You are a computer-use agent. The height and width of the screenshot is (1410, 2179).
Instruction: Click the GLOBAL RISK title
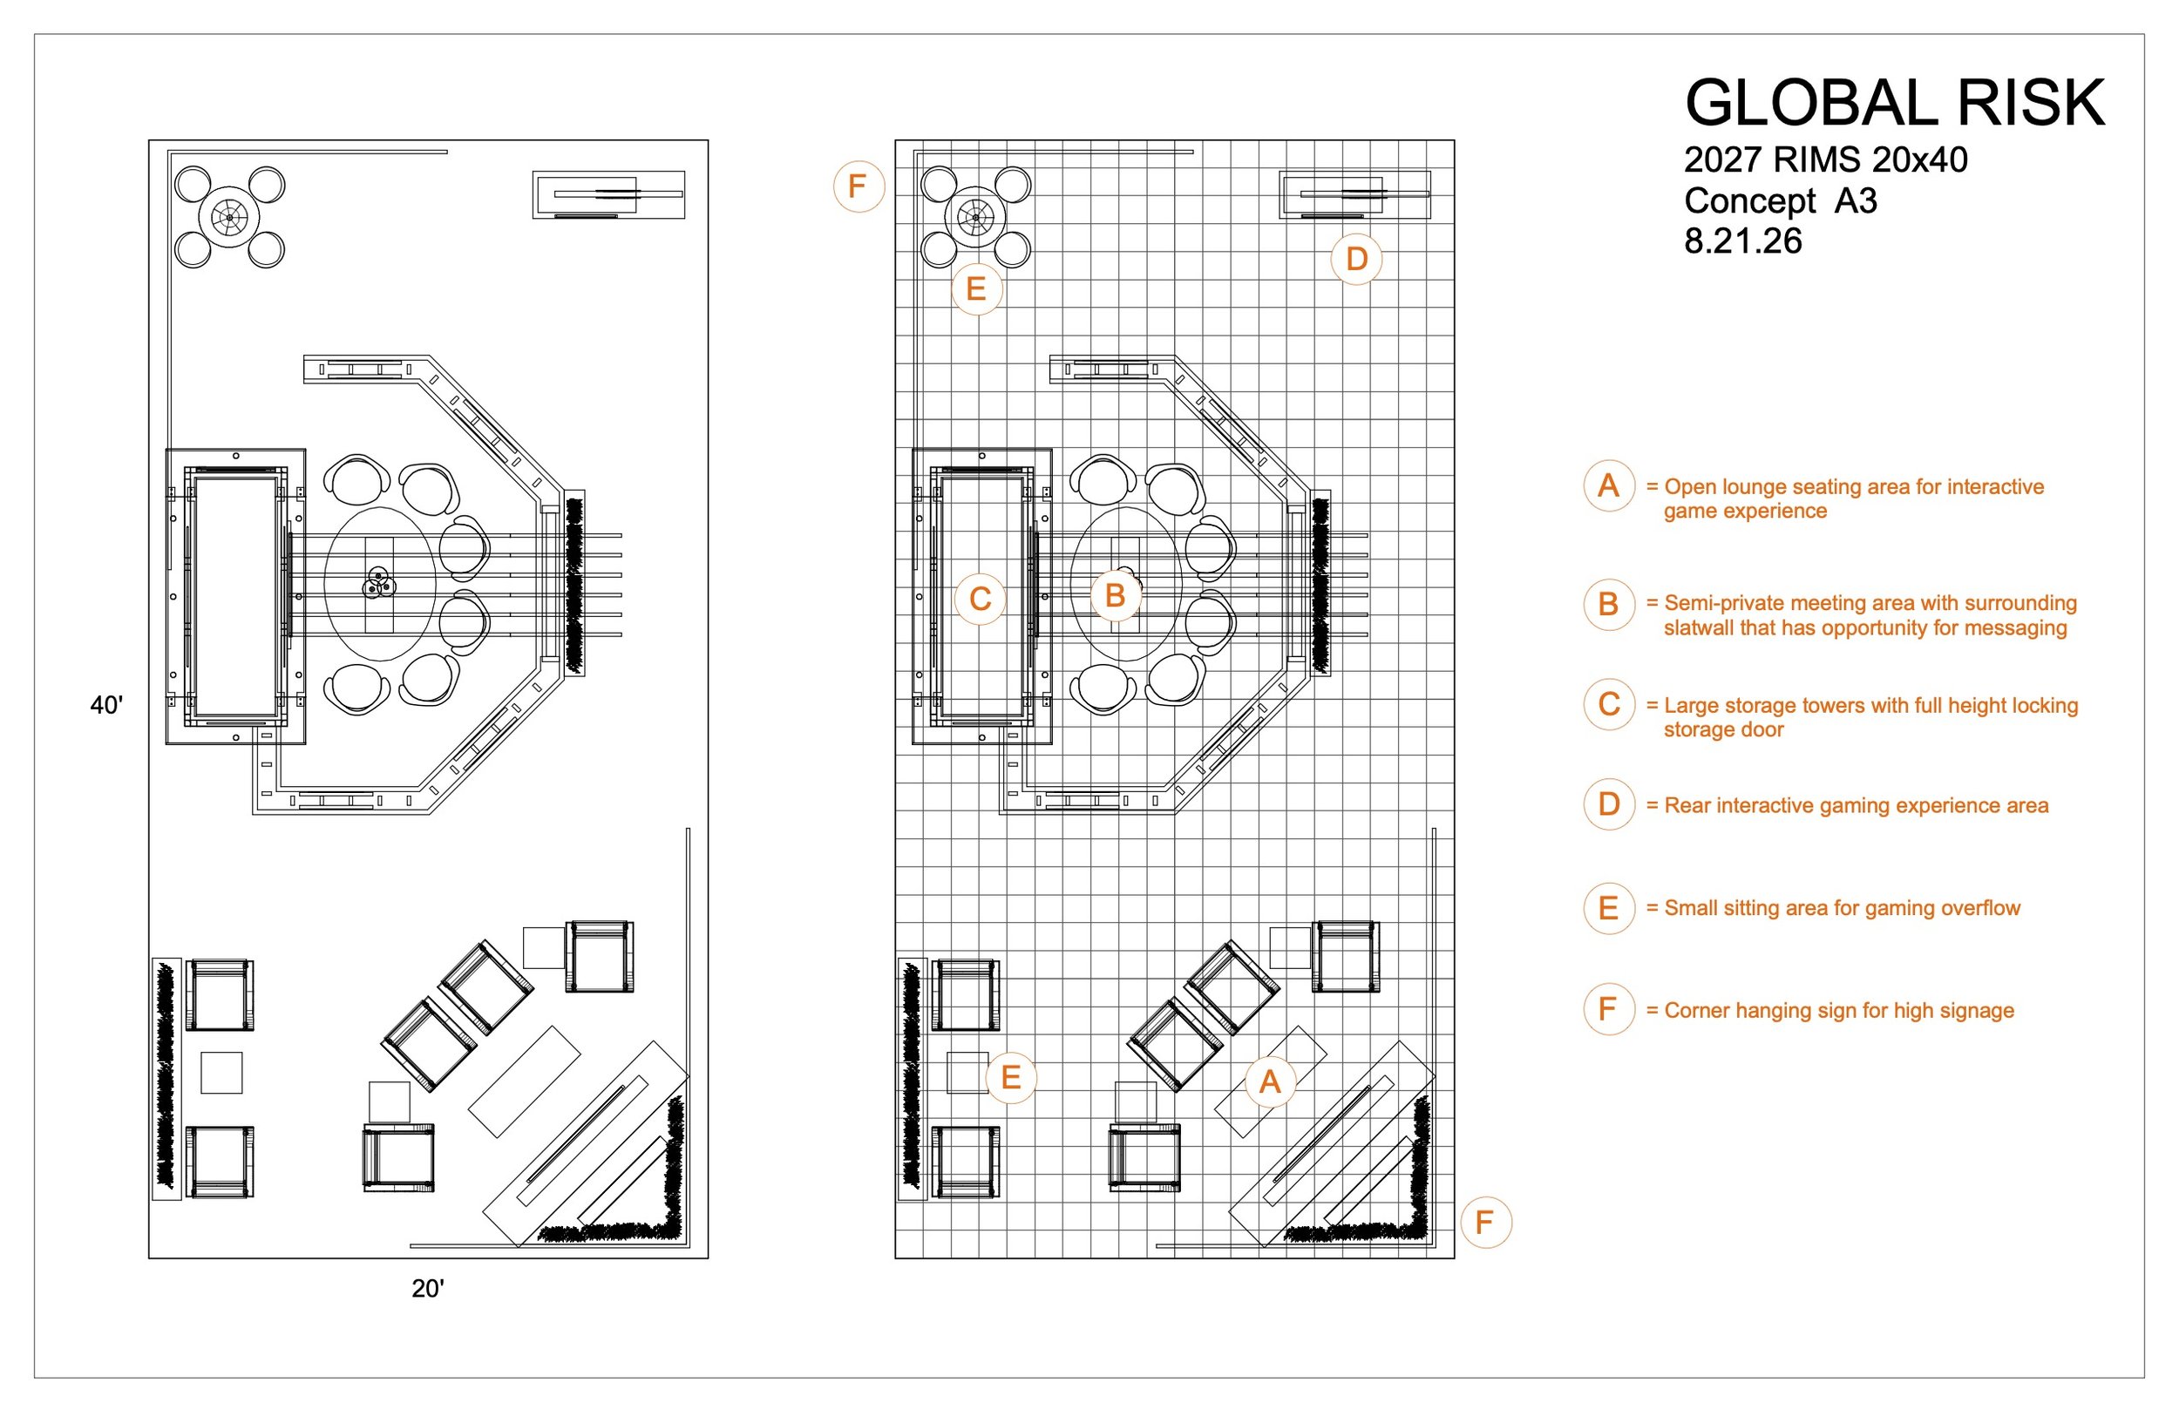click(x=1894, y=103)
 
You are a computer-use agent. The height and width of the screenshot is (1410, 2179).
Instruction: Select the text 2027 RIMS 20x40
click(x=1826, y=160)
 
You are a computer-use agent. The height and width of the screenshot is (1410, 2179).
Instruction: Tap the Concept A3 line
click(x=1781, y=200)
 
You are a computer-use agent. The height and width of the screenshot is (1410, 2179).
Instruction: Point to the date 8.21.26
click(x=1743, y=241)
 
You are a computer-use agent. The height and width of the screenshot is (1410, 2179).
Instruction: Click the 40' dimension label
click(x=106, y=705)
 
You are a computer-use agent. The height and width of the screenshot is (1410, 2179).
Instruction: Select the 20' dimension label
click(x=428, y=1289)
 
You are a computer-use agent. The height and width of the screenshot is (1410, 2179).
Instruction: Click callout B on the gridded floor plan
click(x=1115, y=596)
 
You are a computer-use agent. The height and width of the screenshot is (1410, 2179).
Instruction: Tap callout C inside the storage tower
click(x=981, y=600)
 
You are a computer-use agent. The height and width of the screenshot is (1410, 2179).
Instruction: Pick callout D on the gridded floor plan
click(x=1357, y=259)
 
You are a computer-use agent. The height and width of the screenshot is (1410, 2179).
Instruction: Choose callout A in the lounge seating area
click(x=1270, y=1082)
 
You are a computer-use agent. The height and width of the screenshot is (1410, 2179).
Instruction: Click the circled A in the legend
click(x=1609, y=486)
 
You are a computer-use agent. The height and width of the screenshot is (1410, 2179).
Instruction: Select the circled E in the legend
click(x=1609, y=908)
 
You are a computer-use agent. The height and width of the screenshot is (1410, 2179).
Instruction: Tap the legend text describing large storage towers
click(x=1863, y=718)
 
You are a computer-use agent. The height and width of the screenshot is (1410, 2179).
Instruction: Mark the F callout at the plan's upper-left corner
click(x=858, y=186)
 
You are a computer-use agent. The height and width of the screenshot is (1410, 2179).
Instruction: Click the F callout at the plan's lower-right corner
click(x=1485, y=1223)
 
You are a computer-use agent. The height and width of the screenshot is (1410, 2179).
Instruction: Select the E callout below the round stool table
click(x=977, y=289)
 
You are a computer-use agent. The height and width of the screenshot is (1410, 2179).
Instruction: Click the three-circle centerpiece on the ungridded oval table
click(x=378, y=582)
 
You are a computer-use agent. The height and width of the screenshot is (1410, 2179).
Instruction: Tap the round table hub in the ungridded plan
click(x=229, y=218)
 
